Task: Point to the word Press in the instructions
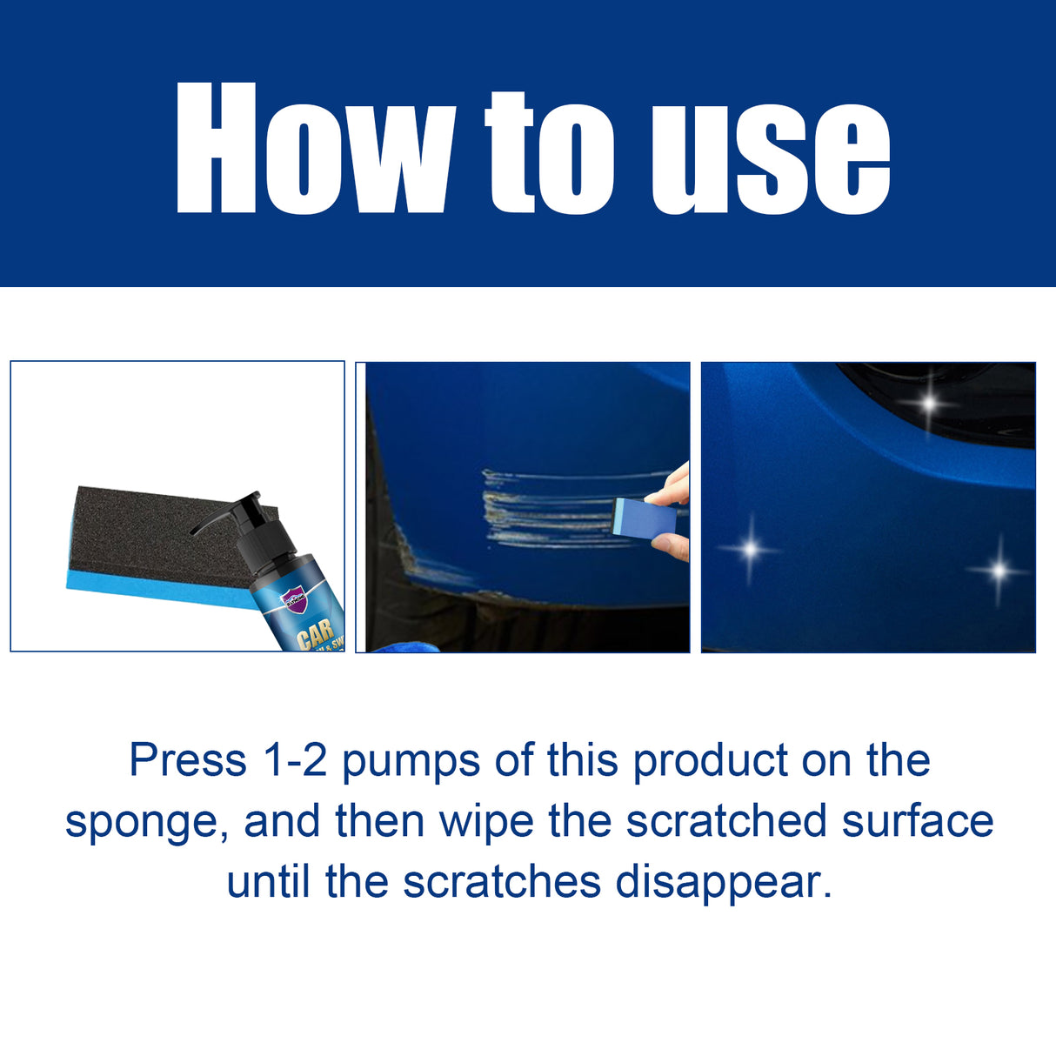point(188,760)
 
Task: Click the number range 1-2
point(294,760)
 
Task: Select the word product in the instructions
point(710,762)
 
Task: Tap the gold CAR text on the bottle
point(315,635)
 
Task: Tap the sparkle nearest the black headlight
point(930,403)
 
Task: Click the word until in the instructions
point(269,882)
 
